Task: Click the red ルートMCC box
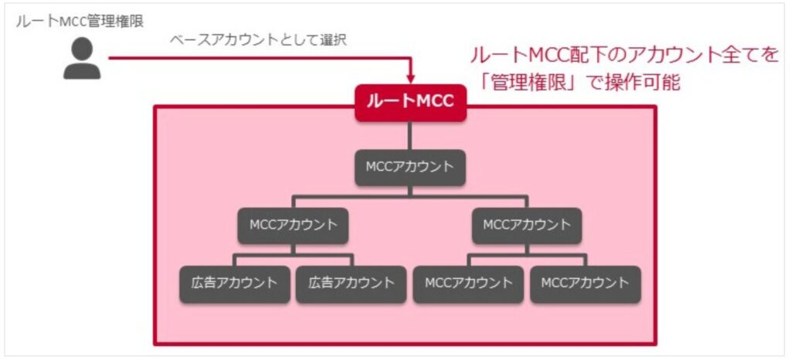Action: pos(410,103)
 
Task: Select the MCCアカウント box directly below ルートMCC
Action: pos(410,167)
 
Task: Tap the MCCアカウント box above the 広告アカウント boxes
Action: pos(294,226)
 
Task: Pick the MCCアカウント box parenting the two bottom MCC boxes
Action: pos(526,226)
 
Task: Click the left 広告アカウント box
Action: pos(235,283)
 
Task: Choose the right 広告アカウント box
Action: pos(351,283)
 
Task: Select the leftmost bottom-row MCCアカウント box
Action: pos(468,283)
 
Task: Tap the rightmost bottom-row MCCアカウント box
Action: pos(585,283)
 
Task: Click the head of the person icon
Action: pos(82,49)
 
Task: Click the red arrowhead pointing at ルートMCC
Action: pos(410,77)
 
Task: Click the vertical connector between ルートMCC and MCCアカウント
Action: pos(410,135)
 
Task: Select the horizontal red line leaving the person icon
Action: pos(255,58)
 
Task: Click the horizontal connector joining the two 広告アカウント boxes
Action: pos(294,255)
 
